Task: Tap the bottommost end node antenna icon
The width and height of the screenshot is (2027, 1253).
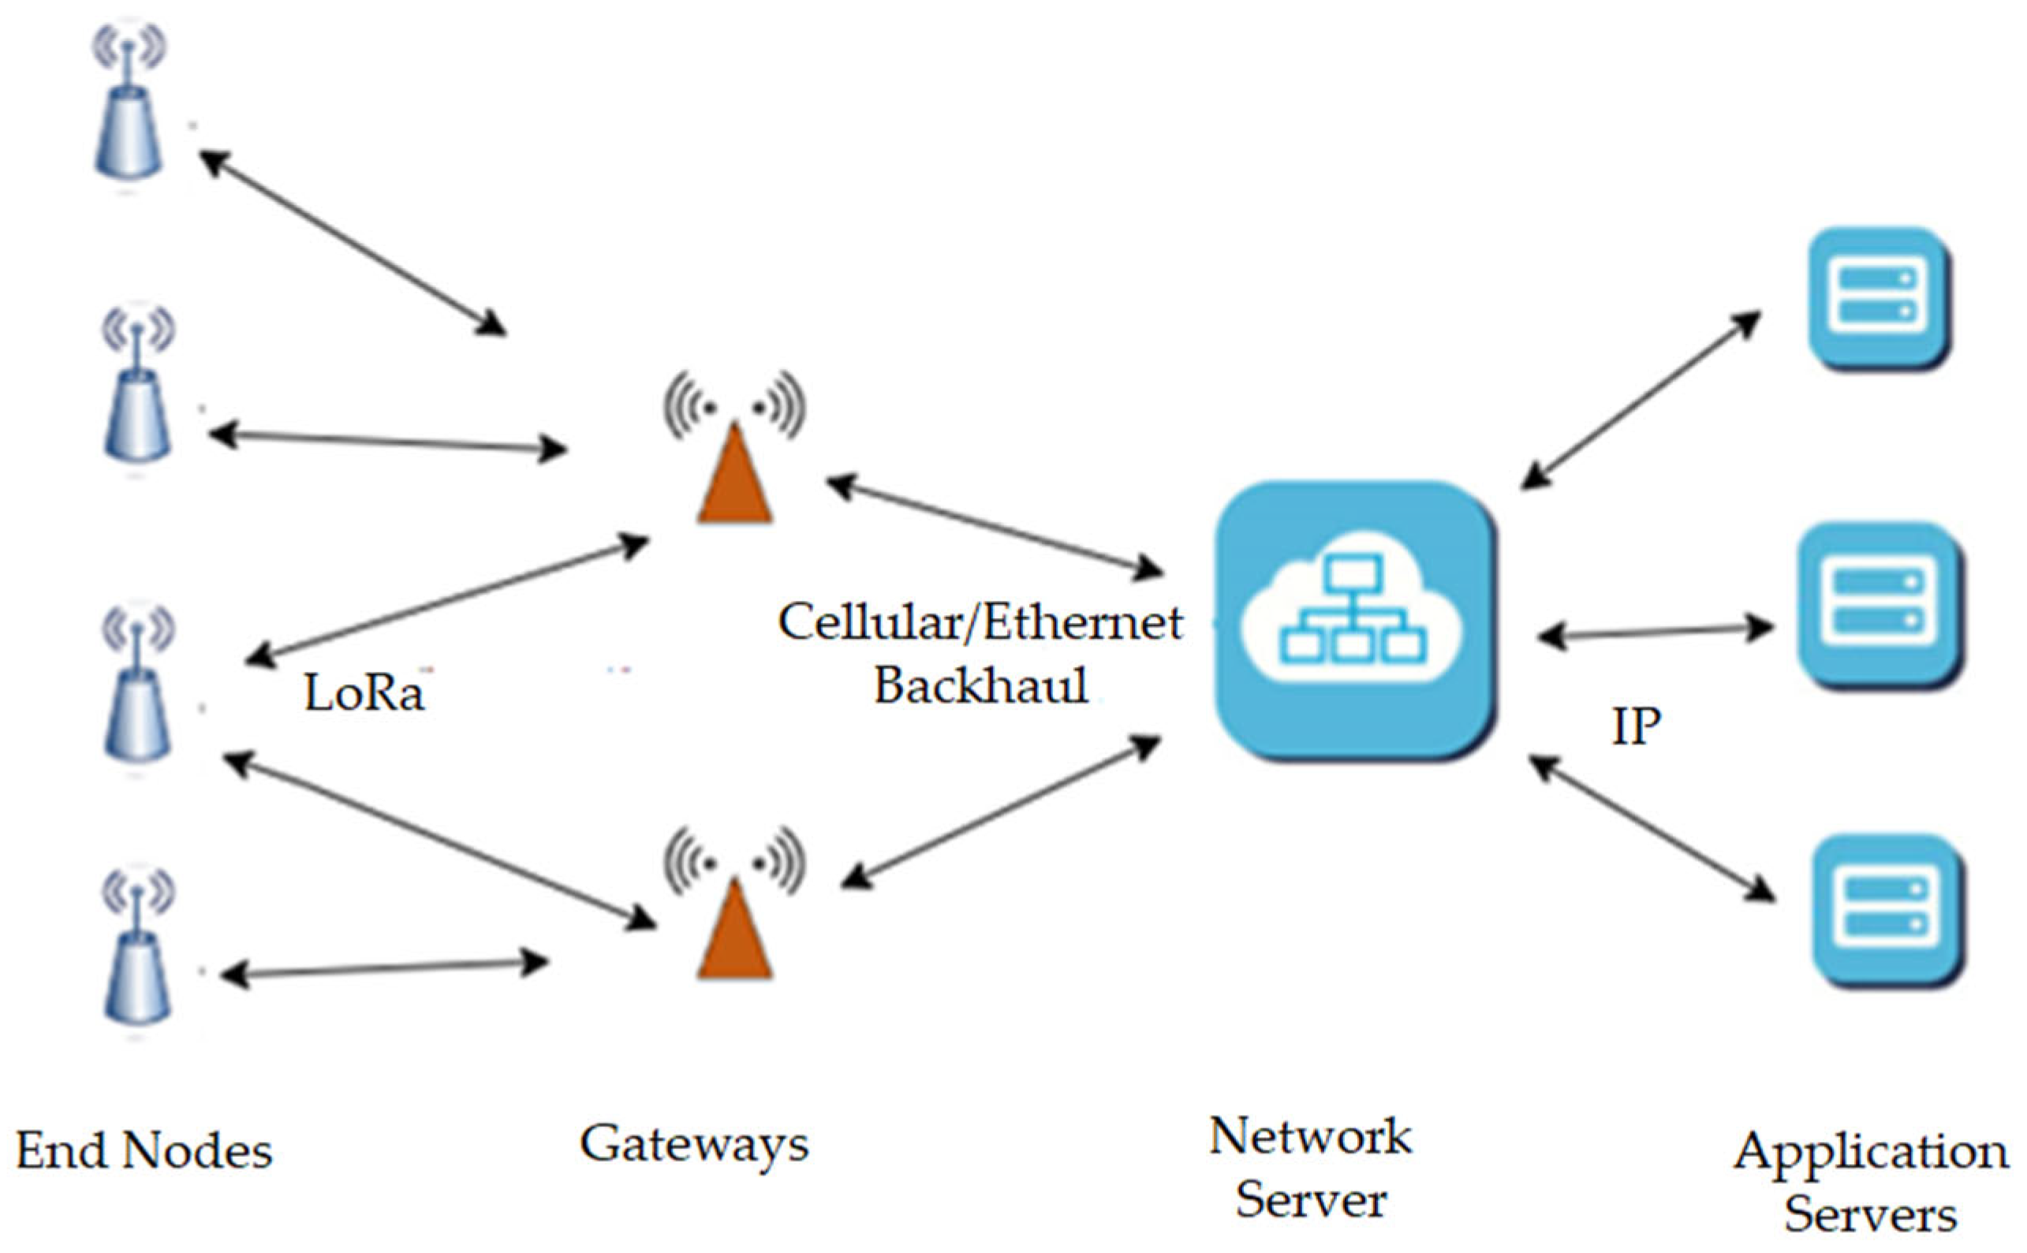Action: tap(136, 953)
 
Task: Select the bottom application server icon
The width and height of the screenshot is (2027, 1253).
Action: tap(1887, 910)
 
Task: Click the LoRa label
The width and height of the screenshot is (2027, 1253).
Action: tap(364, 693)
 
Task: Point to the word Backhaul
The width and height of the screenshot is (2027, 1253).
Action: tap(981, 686)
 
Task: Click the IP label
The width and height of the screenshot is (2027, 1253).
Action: tap(1636, 728)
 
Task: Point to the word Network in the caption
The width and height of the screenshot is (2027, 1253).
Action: tap(1309, 1137)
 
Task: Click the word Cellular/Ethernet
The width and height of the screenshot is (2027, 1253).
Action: tap(981, 623)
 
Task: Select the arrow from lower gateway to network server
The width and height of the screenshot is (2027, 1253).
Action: tap(1001, 812)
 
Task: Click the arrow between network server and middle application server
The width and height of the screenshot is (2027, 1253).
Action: tap(1656, 633)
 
